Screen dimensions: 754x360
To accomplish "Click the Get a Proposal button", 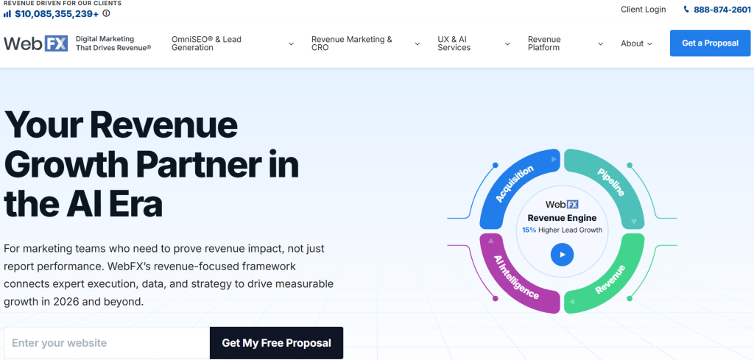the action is tap(710, 43).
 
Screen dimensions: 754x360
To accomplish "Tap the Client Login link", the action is tap(643, 9).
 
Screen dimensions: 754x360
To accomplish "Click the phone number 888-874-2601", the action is tap(722, 9).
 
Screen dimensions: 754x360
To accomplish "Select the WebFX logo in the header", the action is tap(35, 43).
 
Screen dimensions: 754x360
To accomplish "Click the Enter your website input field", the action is tap(107, 343).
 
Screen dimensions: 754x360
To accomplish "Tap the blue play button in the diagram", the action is tap(562, 255).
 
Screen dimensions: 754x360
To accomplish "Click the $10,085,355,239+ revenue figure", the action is tap(57, 13).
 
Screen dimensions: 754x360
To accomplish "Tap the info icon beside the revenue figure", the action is tap(106, 13).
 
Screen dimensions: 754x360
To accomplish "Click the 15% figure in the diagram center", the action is tap(529, 230).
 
